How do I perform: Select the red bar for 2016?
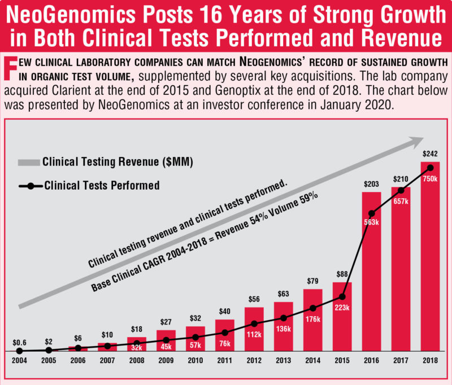(x=372, y=271)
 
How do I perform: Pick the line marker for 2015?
(x=342, y=296)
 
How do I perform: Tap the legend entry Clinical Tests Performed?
(x=102, y=185)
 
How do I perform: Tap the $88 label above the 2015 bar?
(x=342, y=275)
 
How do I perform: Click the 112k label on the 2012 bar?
(x=254, y=334)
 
